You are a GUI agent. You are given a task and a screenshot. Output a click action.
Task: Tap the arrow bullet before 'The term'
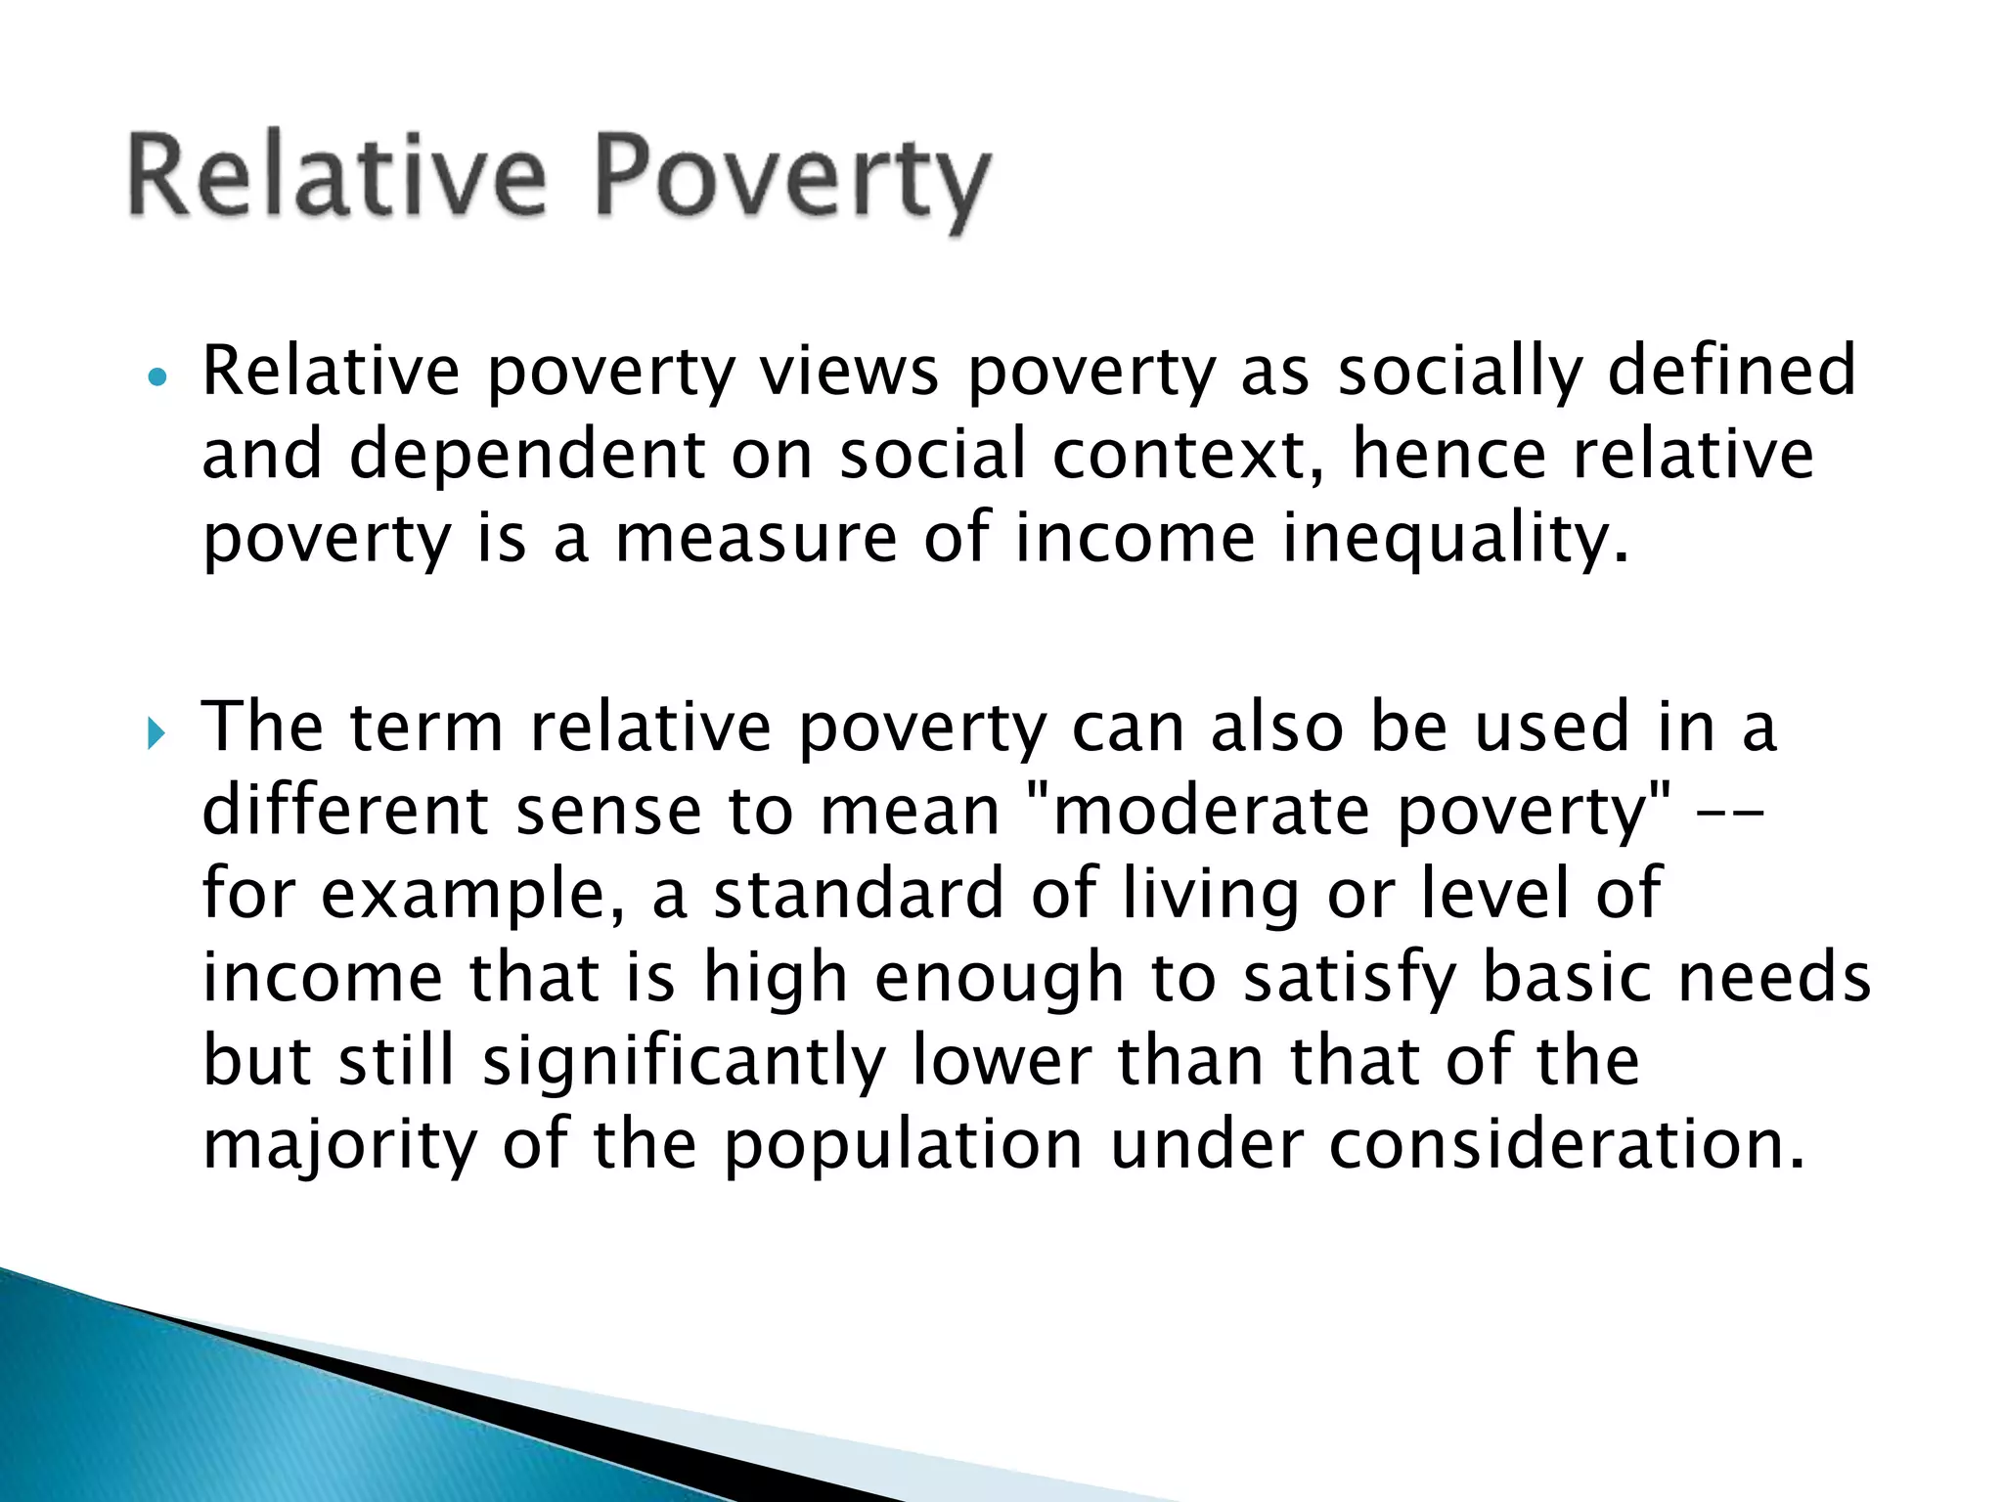156,732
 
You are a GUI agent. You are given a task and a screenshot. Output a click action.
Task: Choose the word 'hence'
1447,455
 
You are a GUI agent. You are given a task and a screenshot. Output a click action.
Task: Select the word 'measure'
755,540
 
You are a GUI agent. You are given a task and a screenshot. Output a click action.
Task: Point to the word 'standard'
859,894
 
